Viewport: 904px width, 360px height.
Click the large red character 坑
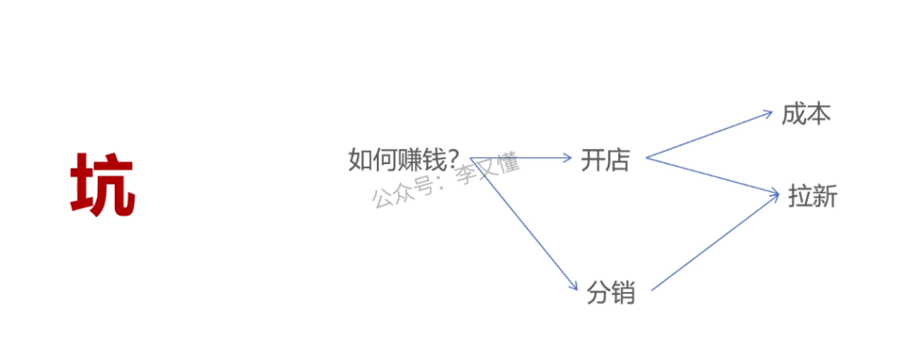point(102,184)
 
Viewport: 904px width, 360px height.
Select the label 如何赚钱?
point(403,160)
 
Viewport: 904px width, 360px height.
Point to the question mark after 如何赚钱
point(453,160)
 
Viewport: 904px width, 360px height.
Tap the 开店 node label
point(606,160)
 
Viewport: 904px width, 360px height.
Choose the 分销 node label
point(611,293)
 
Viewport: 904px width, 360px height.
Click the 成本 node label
point(806,114)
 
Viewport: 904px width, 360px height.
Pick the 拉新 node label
point(812,197)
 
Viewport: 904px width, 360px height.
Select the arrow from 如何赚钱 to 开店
point(521,157)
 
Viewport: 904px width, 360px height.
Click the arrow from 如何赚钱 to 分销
point(524,223)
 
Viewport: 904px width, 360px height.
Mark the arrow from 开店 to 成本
point(710,134)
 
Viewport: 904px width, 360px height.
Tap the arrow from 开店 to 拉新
point(713,176)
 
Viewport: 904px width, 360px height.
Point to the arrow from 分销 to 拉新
point(715,243)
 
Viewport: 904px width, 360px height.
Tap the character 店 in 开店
point(618,160)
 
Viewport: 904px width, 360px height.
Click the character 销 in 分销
point(623,293)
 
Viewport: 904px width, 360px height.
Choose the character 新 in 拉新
point(825,197)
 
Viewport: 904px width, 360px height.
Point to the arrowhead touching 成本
point(768,114)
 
